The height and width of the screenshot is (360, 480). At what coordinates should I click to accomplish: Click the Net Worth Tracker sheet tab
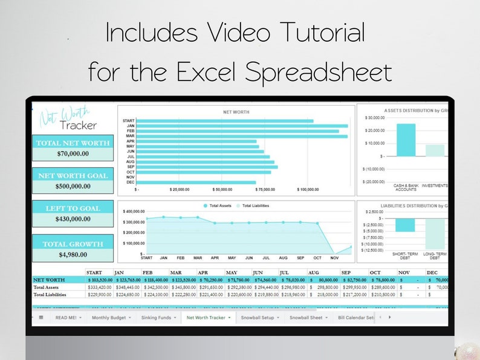208,317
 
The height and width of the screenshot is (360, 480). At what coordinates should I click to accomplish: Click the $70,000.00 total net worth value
73,153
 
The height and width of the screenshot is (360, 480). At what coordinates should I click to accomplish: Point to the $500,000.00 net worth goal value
73,186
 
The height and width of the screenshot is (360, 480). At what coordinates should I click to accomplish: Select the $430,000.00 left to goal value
73,219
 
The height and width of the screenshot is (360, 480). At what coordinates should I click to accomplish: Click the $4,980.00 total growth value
73,254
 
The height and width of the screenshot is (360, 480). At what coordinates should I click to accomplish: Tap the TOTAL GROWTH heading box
73,243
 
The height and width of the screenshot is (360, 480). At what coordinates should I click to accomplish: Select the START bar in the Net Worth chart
225,121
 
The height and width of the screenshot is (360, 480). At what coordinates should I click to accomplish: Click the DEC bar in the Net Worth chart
197,182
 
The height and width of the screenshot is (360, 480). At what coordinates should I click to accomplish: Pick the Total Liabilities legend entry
256,206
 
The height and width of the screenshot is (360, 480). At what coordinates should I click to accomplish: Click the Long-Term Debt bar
434,234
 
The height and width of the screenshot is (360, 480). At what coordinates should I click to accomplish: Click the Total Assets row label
47,288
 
